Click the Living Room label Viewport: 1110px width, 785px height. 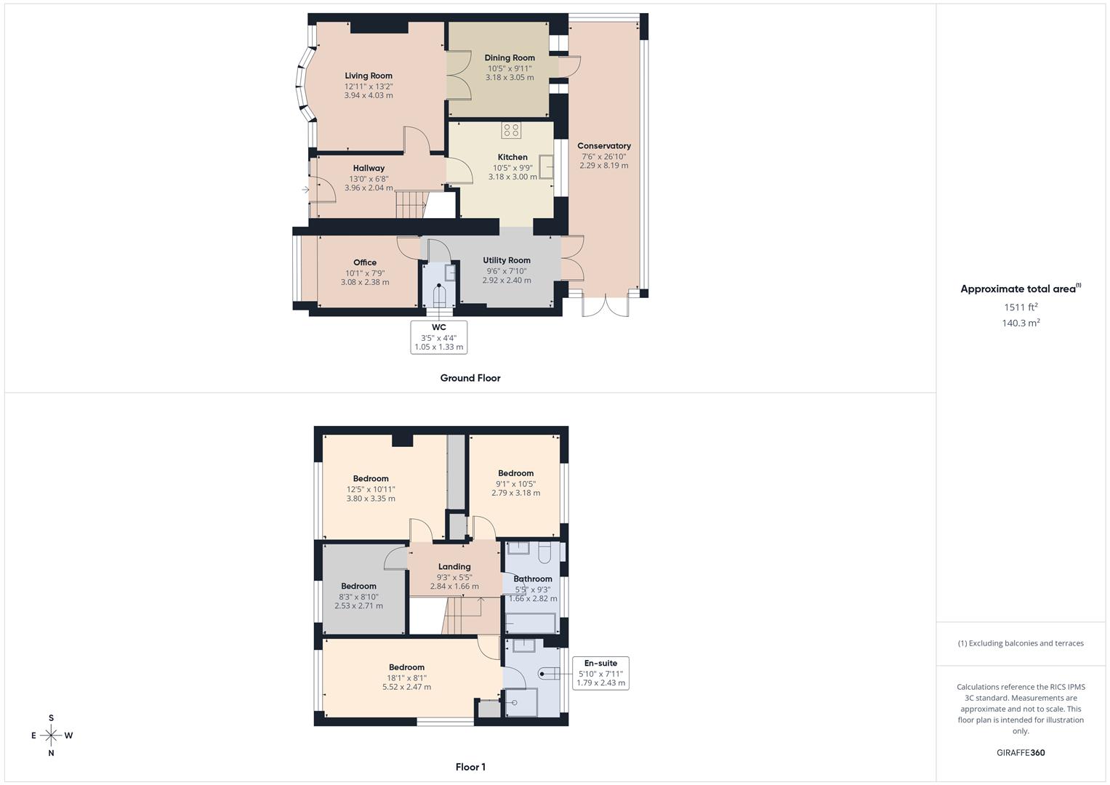point(369,76)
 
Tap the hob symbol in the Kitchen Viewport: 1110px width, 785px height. point(511,131)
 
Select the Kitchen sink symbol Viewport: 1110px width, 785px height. point(546,167)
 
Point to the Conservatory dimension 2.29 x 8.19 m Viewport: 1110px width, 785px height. point(604,166)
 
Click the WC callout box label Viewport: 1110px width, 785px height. point(438,328)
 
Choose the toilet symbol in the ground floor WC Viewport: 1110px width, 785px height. point(439,297)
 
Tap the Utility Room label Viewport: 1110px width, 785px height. point(507,260)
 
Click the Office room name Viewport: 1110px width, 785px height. point(365,262)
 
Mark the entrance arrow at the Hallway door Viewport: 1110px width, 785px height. point(305,190)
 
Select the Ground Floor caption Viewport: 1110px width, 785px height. point(470,378)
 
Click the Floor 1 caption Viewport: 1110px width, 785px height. point(470,767)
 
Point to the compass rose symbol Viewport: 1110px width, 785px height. point(51,736)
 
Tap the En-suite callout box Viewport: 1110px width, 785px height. point(600,673)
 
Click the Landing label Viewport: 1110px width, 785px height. point(454,567)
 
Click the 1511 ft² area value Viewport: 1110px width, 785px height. point(1021,307)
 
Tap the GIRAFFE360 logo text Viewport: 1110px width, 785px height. point(1021,753)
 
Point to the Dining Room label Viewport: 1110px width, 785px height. point(510,58)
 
